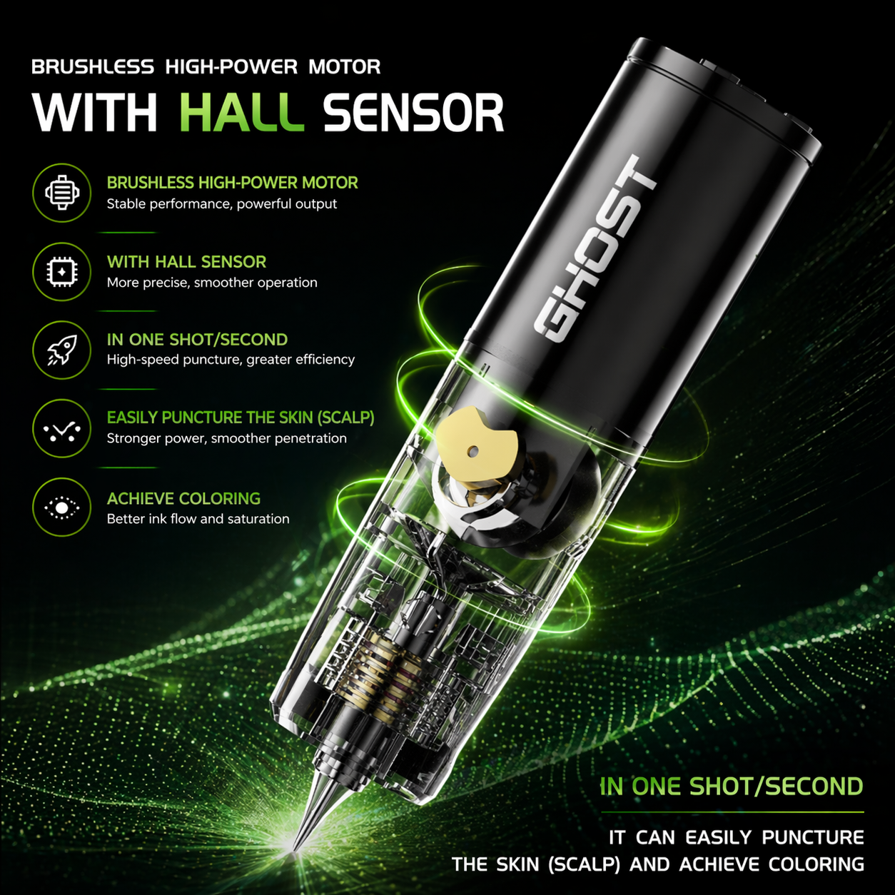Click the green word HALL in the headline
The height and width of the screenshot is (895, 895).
click(241, 113)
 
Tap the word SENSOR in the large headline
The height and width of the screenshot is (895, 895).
click(413, 113)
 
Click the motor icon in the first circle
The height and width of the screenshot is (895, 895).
click(62, 193)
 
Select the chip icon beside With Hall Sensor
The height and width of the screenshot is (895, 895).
click(62, 272)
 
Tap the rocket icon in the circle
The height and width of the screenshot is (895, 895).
click(62, 350)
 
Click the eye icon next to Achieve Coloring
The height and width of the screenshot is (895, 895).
click(62, 507)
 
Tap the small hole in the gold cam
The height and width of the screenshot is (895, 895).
click(472, 451)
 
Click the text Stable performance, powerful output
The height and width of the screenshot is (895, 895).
click(221, 204)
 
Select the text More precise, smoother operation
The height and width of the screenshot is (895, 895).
click(212, 283)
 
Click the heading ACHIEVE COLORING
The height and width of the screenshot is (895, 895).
click(183, 498)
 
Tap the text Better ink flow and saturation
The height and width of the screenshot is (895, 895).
click(198, 519)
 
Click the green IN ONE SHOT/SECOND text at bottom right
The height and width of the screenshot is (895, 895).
click(732, 787)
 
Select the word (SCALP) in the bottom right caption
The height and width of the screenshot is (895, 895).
click(584, 864)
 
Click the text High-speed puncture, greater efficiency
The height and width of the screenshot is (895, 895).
click(231, 360)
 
